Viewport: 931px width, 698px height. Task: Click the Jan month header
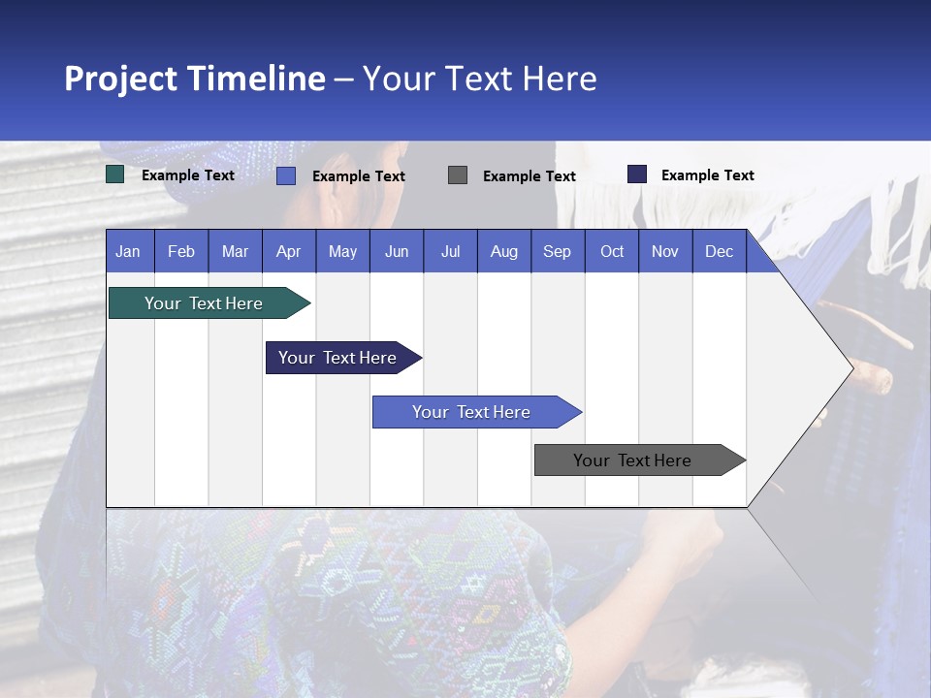click(128, 251)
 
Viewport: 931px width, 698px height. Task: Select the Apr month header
click(289, 251)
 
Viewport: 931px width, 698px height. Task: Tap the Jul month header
click(450, 251)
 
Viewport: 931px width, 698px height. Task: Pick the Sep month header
click(557, 251)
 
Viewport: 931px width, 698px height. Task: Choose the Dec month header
click(719, 251)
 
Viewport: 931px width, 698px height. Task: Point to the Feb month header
click(181, 251)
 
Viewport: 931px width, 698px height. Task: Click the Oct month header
click(612, 251)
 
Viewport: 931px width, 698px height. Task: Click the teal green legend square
click(115, 174)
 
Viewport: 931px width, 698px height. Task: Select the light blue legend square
click(286, 175)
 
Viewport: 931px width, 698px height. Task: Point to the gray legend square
click(458, 174)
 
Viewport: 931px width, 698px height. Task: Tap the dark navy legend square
click(637, 174)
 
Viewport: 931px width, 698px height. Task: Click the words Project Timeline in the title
click(194, 79)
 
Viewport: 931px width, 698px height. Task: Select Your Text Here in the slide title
click(480, 79)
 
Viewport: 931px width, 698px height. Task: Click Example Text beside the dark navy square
click(707, 175)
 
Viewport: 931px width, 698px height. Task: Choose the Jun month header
click(397, 251)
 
